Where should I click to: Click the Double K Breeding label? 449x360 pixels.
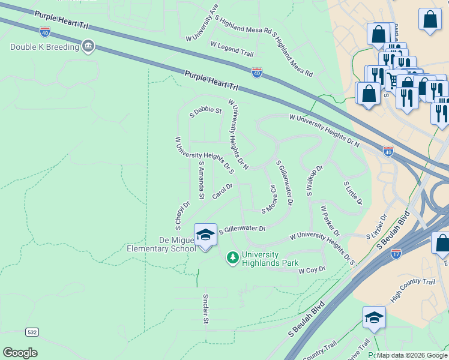pyautogui.click(x=45, y=47)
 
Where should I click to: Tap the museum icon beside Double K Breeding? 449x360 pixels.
pyautogui.click(x=88, y=46)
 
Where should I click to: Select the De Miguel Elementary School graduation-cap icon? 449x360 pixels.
pyautogui.click(x=205, y=235)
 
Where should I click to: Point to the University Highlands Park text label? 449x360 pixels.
pyautogui.click(x=271, y=259)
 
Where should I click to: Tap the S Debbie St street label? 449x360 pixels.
pyautogui.click(x=206, y=111)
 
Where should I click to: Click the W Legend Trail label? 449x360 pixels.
pyautogui.click(x=232, y=49)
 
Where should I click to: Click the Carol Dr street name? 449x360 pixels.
pyautogui.click(x=222, y=193)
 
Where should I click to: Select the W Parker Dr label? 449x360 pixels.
pyautogui.click(x=330, y=221)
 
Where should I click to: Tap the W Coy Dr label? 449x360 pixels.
pyautogui.click(x=312, y=271)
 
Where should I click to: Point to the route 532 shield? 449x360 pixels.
pyautogui.click(x=32, y=332)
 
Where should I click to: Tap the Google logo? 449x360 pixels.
pyautogui.click(x=20, y=353)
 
